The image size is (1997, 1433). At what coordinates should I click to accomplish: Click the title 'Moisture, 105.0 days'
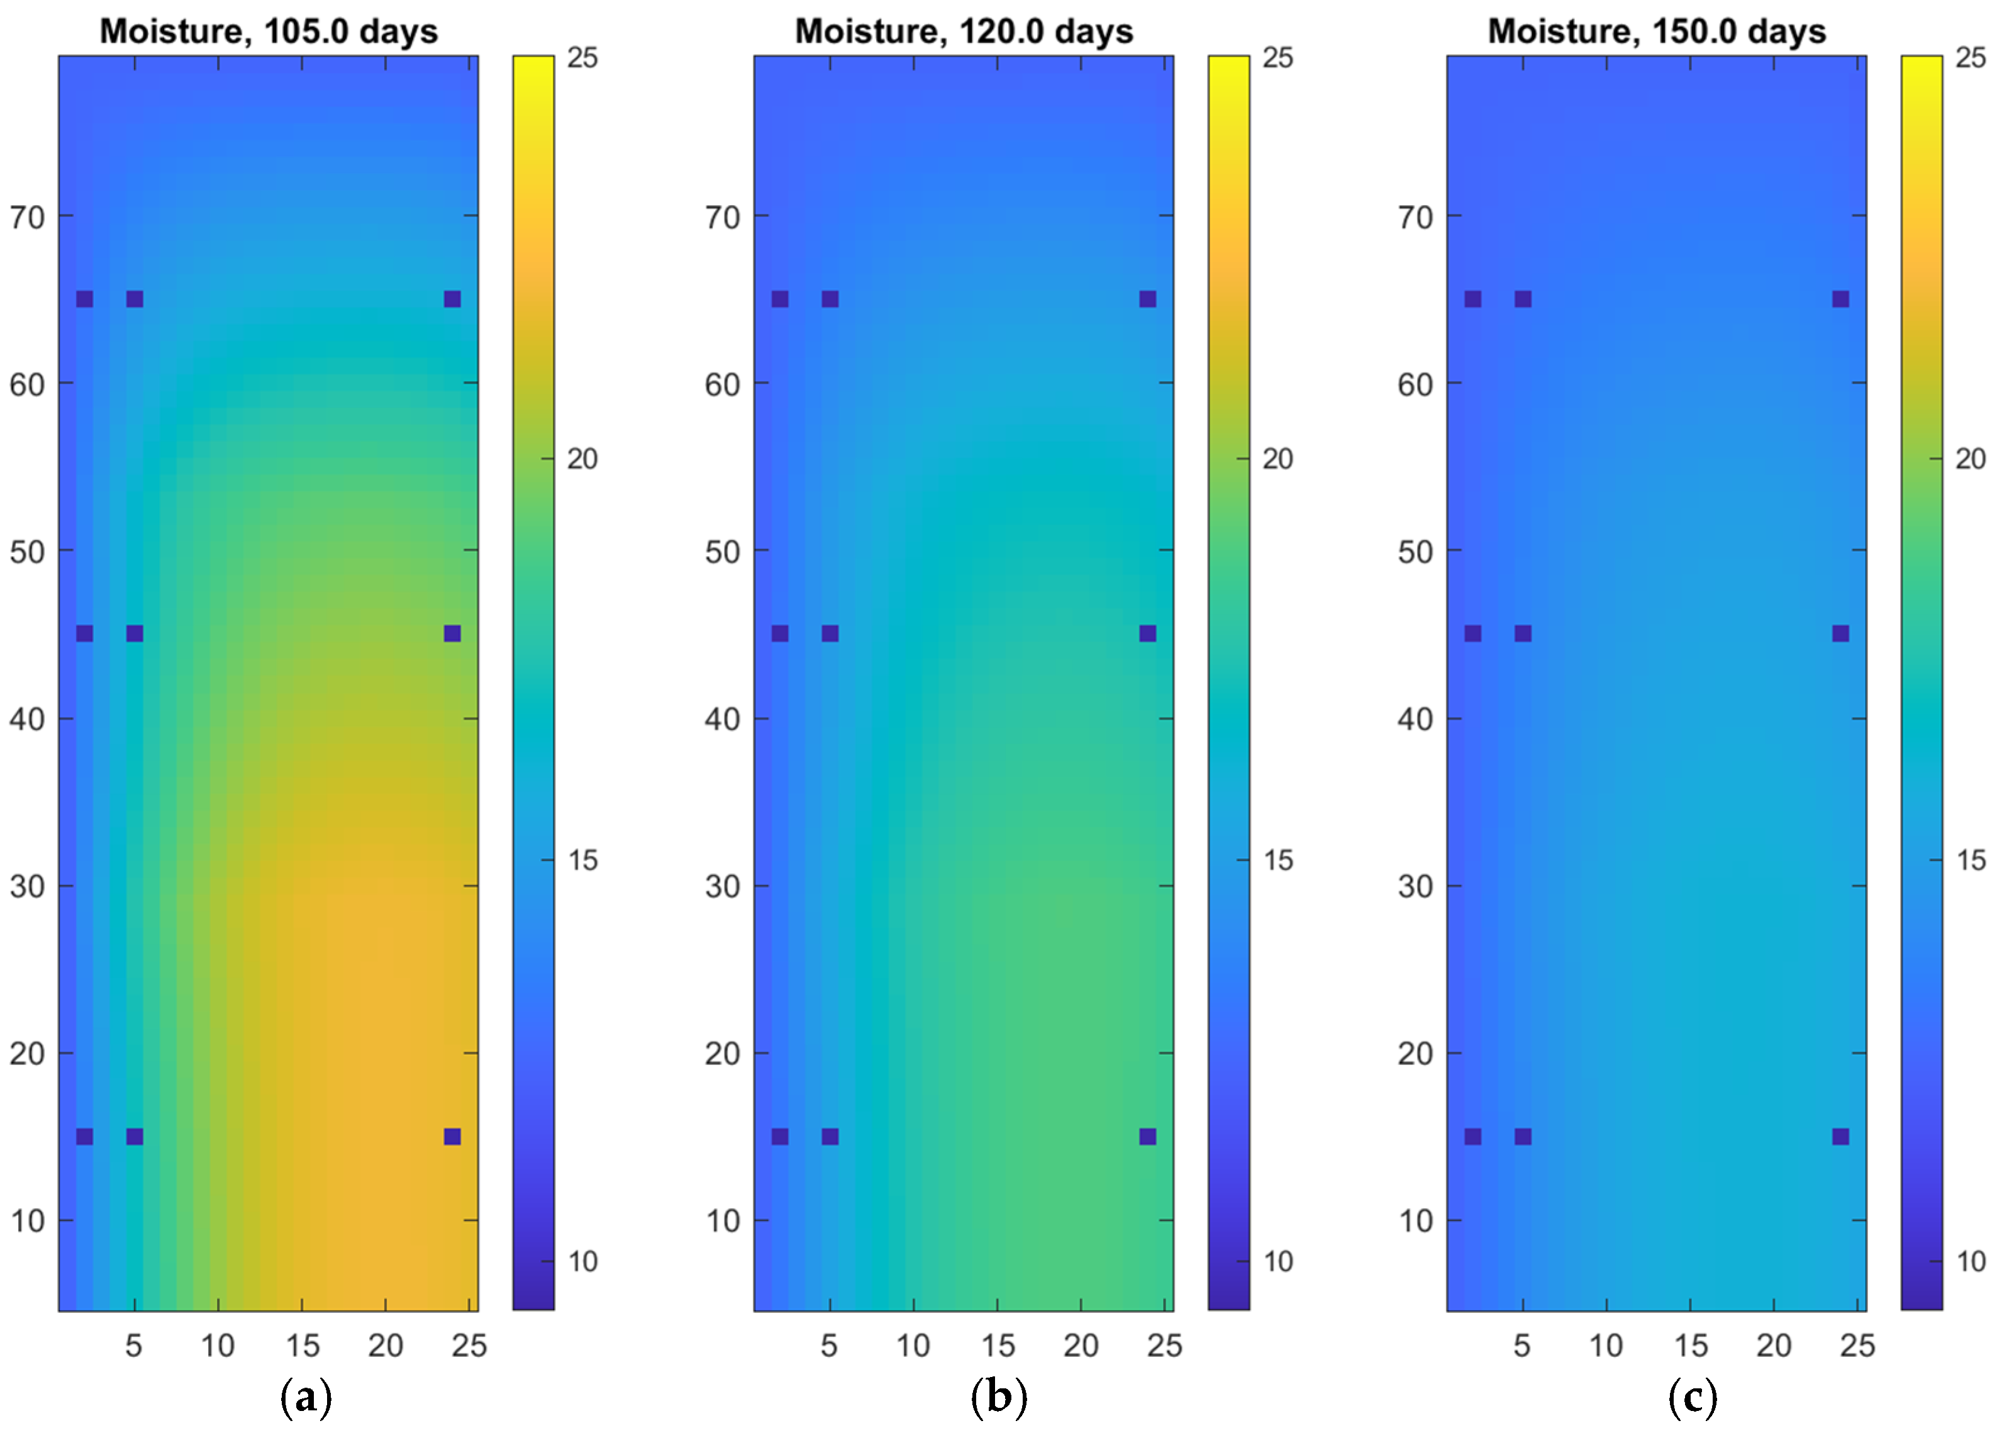(x=269, y=31)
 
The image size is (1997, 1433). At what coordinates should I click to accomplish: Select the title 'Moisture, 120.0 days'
(x=964, y=31)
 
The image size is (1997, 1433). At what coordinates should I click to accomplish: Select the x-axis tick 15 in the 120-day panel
(x=998, y=1345)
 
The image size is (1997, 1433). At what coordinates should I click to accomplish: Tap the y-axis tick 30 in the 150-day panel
(x=1415, y=886)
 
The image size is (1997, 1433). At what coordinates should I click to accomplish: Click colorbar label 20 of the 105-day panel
(x=582, y=459)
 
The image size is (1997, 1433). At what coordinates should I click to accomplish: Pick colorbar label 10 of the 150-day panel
(x=1971, y=1261)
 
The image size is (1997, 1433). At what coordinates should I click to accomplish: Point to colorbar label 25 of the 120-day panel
(x=1277, y=58)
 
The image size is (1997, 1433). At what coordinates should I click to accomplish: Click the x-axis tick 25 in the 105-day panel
(x=469, y=1345)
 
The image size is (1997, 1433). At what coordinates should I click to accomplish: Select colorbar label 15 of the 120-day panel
(x=1277, y=861)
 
